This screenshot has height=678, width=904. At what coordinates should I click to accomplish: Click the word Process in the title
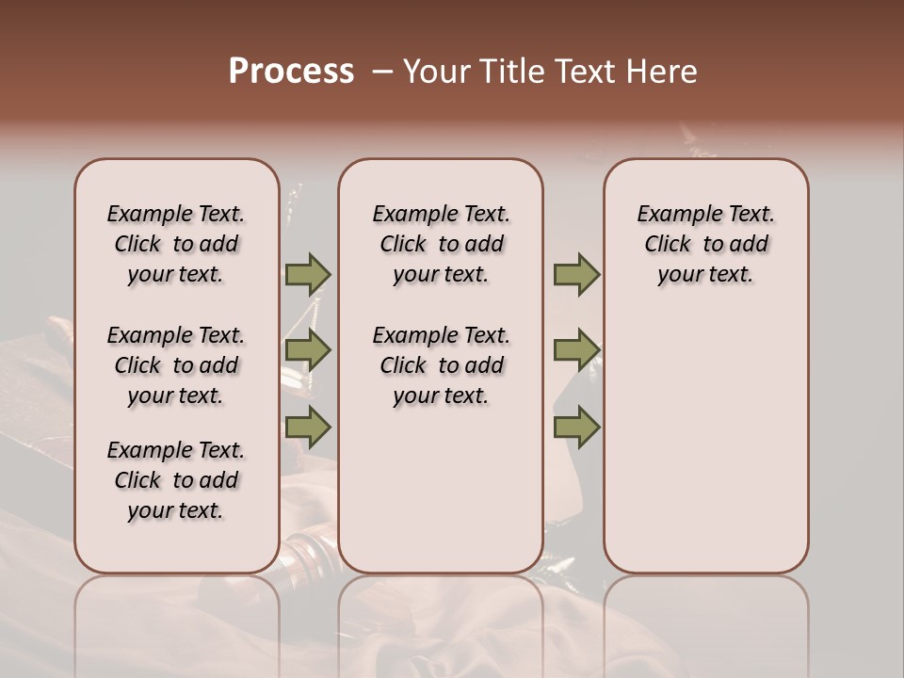[291, 72]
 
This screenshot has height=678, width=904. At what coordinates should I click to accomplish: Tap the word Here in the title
[662, 72]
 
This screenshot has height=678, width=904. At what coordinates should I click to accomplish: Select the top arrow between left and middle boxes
[308, 275]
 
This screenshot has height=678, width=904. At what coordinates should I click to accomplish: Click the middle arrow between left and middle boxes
[308, 351]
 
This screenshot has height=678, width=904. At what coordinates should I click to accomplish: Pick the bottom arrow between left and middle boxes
[308, 428]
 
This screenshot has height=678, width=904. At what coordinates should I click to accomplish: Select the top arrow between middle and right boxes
[576, 275]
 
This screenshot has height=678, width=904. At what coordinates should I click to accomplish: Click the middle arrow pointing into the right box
[576, 351]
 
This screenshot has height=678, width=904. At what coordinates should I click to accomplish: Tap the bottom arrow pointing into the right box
[576, 428]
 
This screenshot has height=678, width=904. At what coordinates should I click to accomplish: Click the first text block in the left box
[176, 244]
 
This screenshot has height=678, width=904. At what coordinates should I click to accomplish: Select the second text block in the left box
[176, 365]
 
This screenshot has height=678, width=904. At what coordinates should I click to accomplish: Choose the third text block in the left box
[176, 480]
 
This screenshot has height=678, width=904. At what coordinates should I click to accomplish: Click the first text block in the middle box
[441, 244]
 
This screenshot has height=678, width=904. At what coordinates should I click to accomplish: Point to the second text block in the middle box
[441, 365]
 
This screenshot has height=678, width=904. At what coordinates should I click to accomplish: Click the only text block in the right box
[705, 244]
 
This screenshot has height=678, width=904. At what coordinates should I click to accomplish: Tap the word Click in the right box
[668, 245]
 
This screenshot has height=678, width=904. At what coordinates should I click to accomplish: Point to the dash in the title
[381, 72]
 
